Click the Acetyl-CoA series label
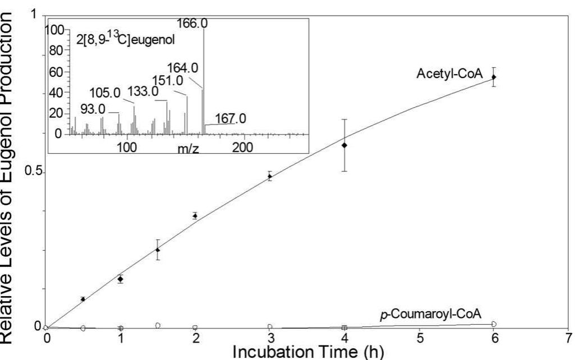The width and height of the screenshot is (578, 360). pyautogui.click(x=449, y=74)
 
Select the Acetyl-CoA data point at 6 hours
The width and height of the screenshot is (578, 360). pyautogui.click(x=494, y=77)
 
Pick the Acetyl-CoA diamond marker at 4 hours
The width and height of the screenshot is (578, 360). pyautogui.click(x=345, y=145)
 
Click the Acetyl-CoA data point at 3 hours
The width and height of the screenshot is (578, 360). pyautogui.click(x=270, y=176)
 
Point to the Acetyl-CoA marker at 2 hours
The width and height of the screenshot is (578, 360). pyautogui.click(x=195, y=215)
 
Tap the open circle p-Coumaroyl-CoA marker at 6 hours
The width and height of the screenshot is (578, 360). pyautogui.click(x=494, y=324)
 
